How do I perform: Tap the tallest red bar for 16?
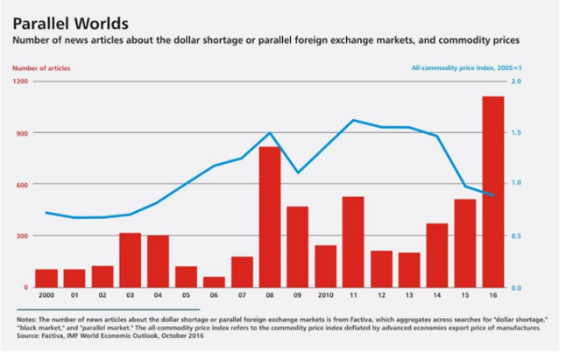click(492, 192)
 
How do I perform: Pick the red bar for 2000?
click(46, 278)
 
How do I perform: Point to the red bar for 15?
click(464, 244)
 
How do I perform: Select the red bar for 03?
click(130, 260)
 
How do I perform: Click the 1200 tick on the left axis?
click(20, 81)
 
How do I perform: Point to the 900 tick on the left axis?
click(22, 133)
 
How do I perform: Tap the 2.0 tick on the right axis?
click(516, 81)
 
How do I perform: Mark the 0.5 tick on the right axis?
click(516, 236)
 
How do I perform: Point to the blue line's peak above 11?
click(353, 120)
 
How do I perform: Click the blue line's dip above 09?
click(297, 173)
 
